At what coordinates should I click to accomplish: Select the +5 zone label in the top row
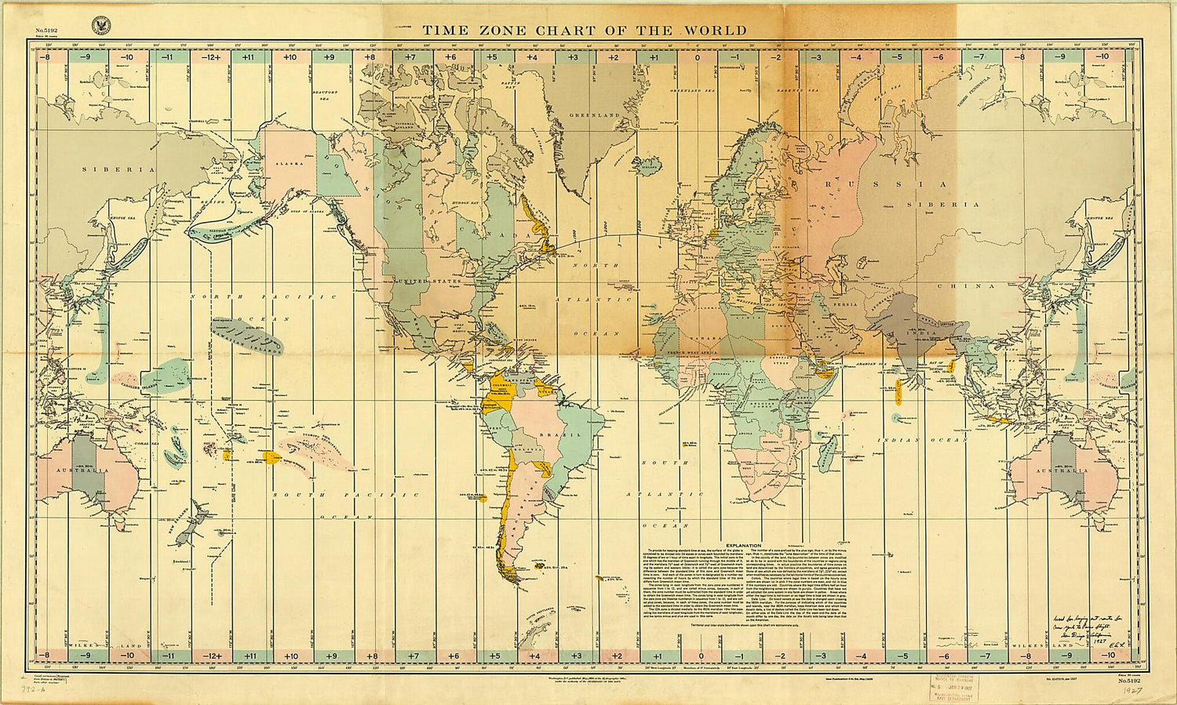(491, 56)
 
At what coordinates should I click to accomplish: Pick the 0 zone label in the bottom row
(698, 656)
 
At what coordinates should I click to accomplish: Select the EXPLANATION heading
(744, 545)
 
